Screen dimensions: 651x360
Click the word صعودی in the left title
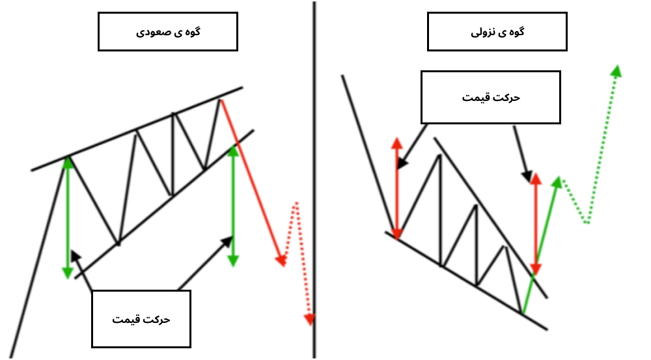[149, 33]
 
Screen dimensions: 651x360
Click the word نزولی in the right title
[482, 33]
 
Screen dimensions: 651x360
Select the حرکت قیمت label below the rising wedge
[141, 319]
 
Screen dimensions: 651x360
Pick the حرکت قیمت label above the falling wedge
[491, 98]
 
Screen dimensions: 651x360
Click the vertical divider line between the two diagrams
[314, 180]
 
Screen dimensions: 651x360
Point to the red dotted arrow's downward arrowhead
[309, 320]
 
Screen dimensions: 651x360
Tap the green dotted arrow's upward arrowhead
[616, 71]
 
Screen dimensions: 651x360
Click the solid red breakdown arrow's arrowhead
[281, 260]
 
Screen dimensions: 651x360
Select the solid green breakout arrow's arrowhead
[557, 182]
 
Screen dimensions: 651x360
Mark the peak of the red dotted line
[296, 204]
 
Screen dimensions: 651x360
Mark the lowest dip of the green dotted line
[587, 222]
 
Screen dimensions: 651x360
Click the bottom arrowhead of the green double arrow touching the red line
[233, 261]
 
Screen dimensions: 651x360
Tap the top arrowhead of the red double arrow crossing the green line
[536, 179]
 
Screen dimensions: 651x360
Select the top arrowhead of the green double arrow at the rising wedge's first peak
[68, 162]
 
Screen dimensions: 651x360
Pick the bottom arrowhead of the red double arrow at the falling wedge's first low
[397, 234]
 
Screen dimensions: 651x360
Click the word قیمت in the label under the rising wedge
[124, 319]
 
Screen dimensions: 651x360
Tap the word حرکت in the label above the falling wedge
[506, 98]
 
